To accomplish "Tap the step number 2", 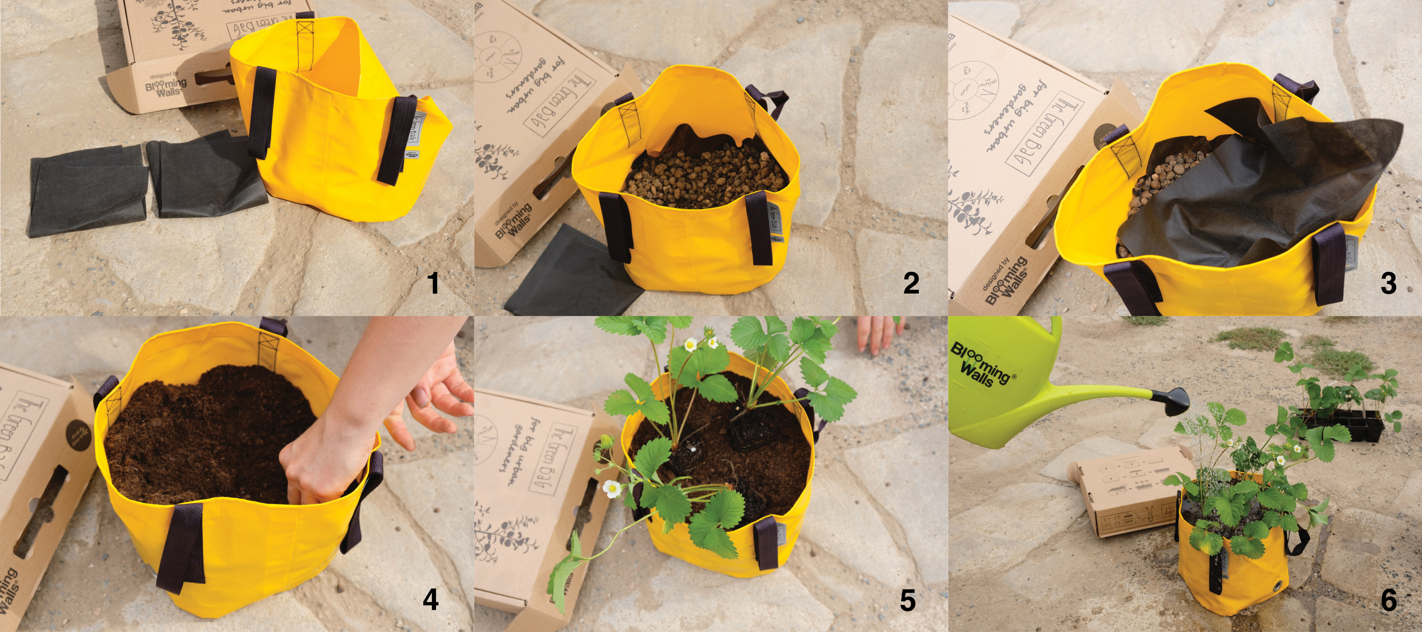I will click(911, 284).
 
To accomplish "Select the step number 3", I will click(1388, 284).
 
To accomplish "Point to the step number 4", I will click(431, 599).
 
